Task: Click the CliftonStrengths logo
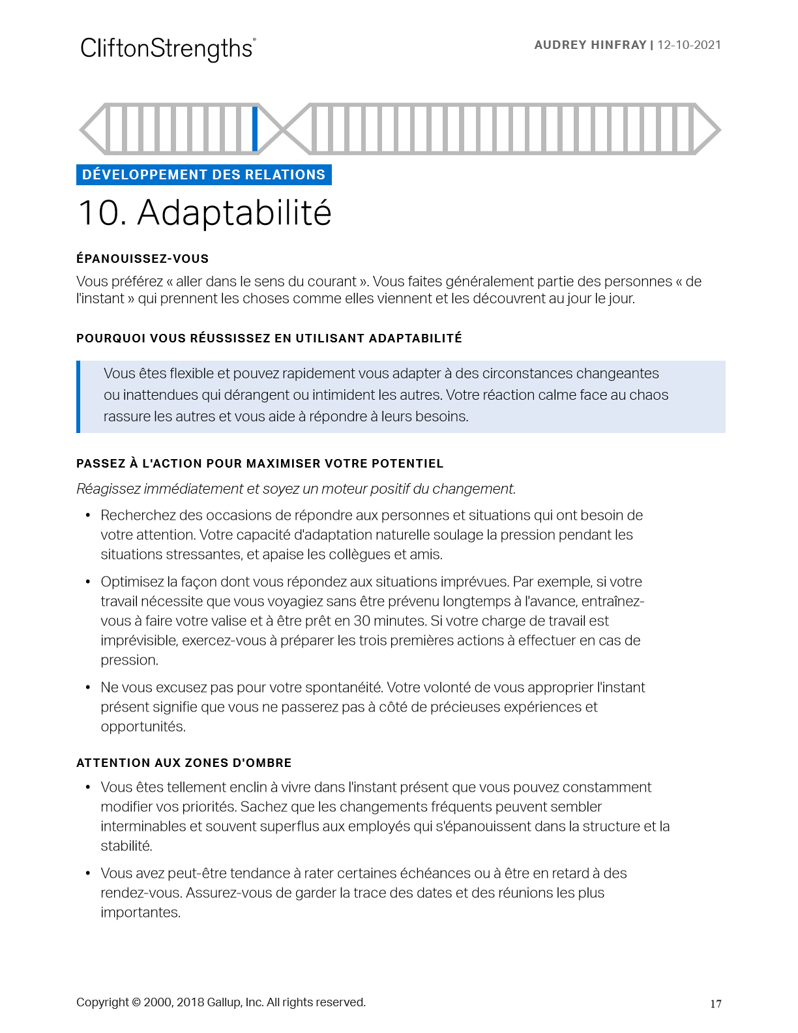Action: (168, 49)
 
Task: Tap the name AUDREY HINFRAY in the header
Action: (590, 45)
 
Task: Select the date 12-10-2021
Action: (689, 45)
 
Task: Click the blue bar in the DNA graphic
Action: (255, 128)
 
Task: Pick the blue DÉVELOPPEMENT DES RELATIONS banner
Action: (203, 175)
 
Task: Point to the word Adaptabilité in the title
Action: (234, 213)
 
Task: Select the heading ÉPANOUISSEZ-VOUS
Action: (142, 259)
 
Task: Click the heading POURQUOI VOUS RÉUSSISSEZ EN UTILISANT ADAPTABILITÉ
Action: (269, 338)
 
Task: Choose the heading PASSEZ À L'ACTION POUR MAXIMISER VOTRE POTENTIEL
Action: (259, 464)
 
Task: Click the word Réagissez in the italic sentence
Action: (105, 489)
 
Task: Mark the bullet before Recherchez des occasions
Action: (88, 516)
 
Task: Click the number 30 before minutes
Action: (362, 621)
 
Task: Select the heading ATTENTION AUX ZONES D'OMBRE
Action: (184, 763)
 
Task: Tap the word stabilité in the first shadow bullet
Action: (126, 846)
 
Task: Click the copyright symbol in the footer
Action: (136, 1002)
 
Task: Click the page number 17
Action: (715, 1004)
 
